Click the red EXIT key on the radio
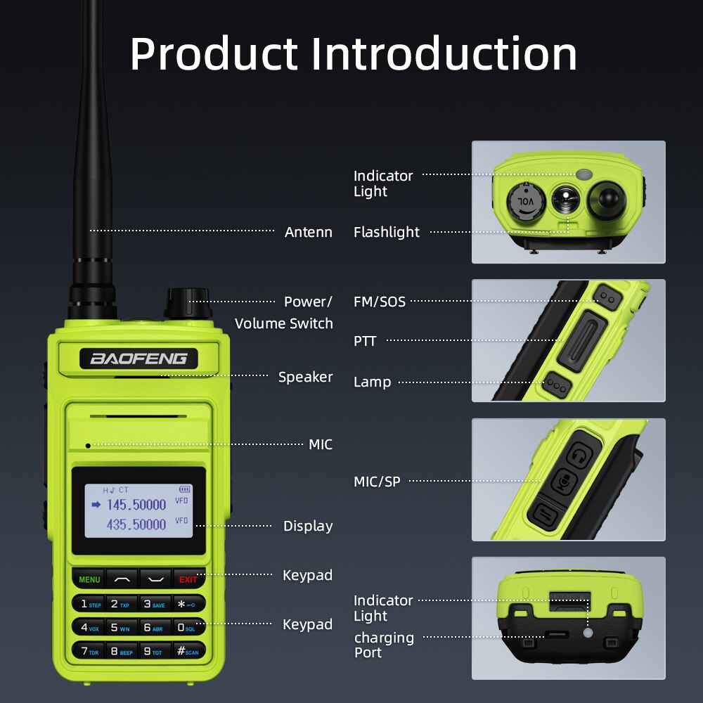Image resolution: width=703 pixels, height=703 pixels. tap(188, 579)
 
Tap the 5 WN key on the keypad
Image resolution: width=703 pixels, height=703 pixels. tap(121, 627)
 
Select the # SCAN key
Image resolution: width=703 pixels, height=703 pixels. tap(188, 651)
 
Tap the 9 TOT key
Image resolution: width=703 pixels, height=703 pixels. tap(155, 651)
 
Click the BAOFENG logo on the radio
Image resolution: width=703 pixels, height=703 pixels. tap(138, 359)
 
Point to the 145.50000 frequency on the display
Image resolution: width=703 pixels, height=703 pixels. tap(136, 505)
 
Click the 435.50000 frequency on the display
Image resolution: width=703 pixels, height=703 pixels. tap(136, 524)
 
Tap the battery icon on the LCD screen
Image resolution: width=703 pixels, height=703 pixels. tap(185, 489)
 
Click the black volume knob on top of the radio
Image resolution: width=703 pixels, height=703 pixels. tap(188, 303)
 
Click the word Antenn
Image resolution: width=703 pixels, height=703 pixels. tap(308, 232)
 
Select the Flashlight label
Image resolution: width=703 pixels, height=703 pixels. tap(387, 232)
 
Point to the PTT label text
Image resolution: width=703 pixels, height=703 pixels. tap(365, 342)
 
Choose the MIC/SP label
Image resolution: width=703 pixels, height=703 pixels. tap(378, 482)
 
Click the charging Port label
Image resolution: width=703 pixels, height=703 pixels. tap(384, 645)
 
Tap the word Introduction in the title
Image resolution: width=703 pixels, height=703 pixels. tap(444, 54)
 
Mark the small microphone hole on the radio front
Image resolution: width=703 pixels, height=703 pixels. tap(88, 445)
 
